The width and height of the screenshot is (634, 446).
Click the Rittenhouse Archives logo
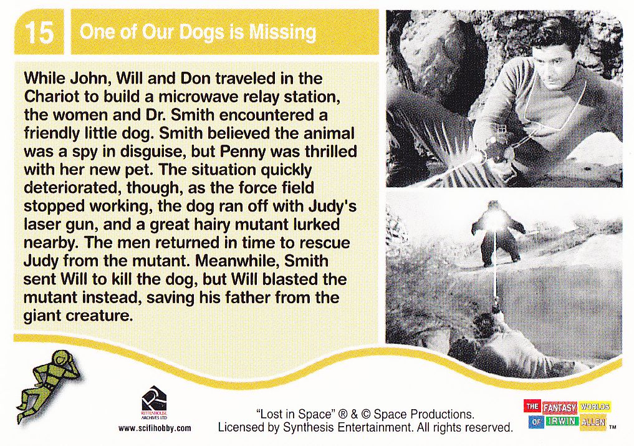(154, 403)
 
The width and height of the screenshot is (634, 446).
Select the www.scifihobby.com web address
(155, 428)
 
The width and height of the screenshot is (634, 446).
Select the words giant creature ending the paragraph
(78, 315)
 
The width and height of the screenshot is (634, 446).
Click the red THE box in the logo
(532, 406)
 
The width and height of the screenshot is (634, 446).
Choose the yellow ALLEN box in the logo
(593, 423)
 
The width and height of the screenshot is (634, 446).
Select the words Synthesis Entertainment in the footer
(346, 428)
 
